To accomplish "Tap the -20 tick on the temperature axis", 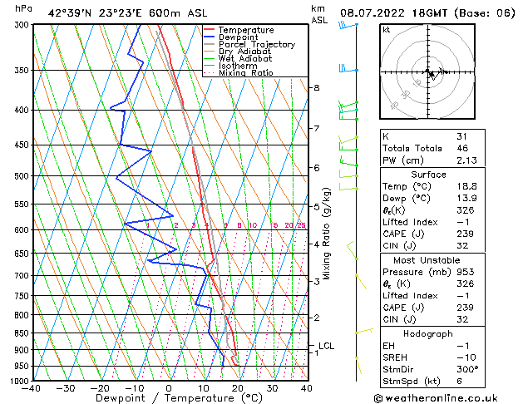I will [100, 387].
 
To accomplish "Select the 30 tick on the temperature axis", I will [272, 387].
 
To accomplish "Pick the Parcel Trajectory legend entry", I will [256, 45].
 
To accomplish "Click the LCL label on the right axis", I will [326, 346].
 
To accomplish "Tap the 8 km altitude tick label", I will [316, 87].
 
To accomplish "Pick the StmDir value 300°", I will [466, 370].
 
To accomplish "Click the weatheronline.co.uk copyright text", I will [450, 397].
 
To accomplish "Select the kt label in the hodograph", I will [386, 29].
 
